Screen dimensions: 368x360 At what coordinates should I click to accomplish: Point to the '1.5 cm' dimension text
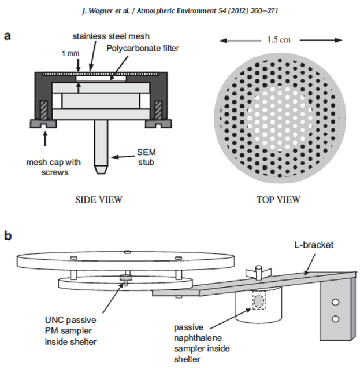(x=276, y=41)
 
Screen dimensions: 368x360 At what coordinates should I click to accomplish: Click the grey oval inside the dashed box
(x=258, y=301)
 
